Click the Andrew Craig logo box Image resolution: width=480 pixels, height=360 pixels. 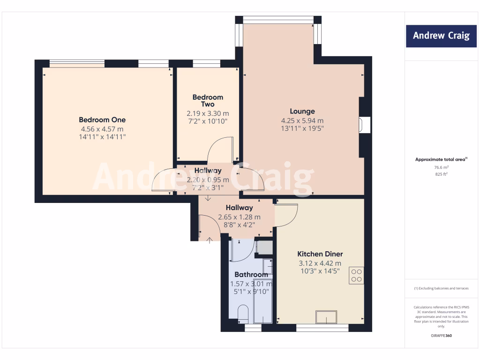pyautogui.click(x=441, y=36)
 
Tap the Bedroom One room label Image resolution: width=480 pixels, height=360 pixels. pyautogui.click(x=102, y=120)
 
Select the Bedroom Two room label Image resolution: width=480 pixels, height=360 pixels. pyautogui.click(x=208, y=101)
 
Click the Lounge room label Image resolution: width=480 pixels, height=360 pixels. pyautogui.click(x=302, y=112)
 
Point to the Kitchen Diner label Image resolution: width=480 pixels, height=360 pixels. pyautogui.click(x=321, y=254)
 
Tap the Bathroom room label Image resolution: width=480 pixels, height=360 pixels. pyautogui.click(x=251, y=275)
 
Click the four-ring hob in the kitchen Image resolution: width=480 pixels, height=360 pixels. pyautogui.click(x=356, y=275)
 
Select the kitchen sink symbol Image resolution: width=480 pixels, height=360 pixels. pyautogui.click(x=326, y=317)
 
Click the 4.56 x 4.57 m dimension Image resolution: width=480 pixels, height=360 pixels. pyautogui.click(x=102, y=129)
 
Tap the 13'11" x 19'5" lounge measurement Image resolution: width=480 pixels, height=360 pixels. pyautogui.click(x=302, y=128)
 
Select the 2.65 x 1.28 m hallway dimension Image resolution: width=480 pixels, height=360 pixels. pyautogui.click(x=239, y=217)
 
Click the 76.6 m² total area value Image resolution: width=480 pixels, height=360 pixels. pyautogui.click(x=441, y=167)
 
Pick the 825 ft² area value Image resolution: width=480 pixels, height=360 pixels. pyautogui.click(x=441, y=174)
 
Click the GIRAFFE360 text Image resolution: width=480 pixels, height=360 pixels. pyautogui.click(x=441, y=336)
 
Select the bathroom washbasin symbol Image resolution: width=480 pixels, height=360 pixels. pyautogui.click(x=267, y=265)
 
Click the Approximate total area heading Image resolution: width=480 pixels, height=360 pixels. pyautogui.click(x=441, y=159)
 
